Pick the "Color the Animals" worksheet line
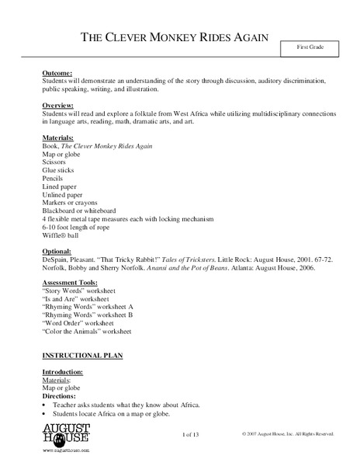point(88,331)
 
